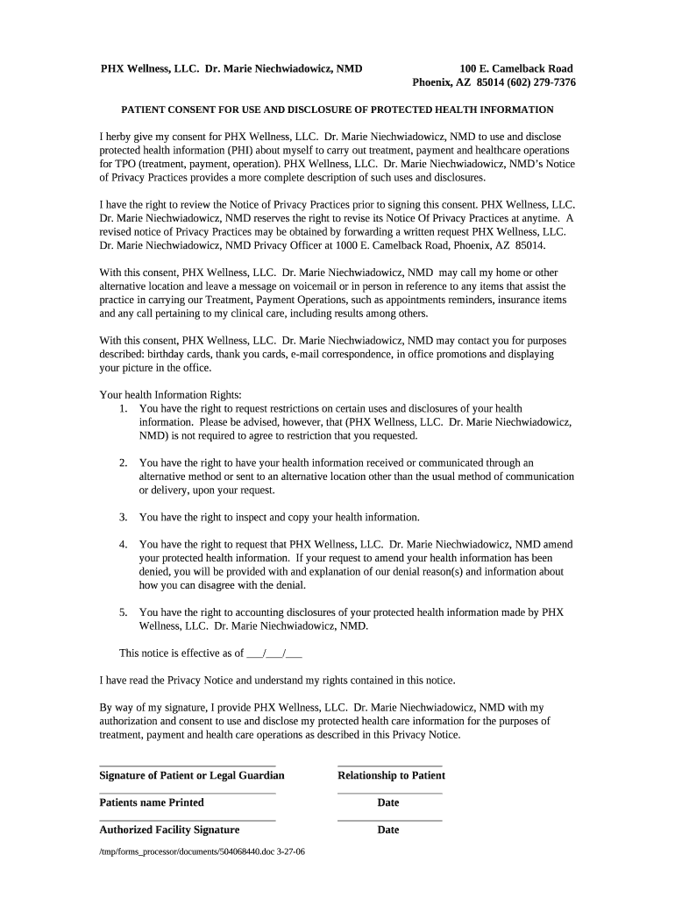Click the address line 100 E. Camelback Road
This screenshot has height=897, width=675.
point(516,68)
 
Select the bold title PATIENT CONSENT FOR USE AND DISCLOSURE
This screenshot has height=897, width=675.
point(337,109)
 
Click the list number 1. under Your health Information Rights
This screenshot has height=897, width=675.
point(124,408)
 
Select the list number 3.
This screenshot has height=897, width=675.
point(124,517)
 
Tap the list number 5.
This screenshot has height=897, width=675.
point(124,612)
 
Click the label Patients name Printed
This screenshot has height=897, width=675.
point(151,802)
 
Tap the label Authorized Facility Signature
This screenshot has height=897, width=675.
point(169,830)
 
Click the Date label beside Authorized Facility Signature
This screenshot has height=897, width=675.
point(387,830)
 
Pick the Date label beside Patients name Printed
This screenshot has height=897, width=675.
point(387,802)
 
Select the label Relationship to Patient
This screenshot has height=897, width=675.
point(391,775)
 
